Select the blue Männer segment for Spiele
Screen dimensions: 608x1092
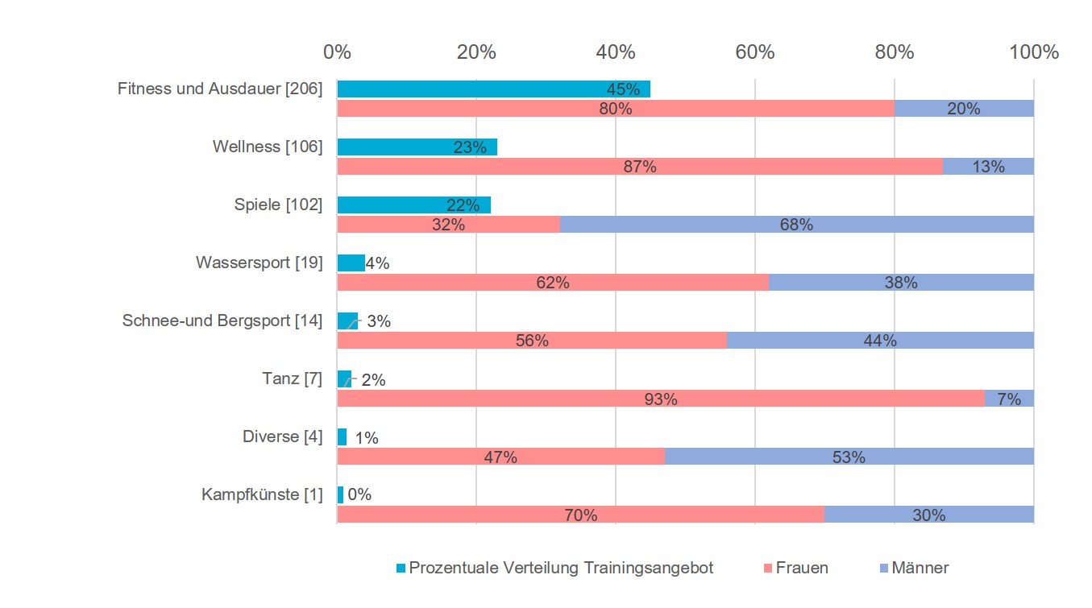(x=796, y=225)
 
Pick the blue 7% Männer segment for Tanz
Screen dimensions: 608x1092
(x=1009, y=399)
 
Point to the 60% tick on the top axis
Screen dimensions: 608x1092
(x=755, y=52)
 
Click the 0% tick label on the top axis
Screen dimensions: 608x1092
(x=337, y=52)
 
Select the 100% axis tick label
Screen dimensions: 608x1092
(x=1033, y=52)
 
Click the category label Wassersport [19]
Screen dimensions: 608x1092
(x=259, y=263)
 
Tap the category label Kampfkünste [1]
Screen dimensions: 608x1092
(x=262, y=494)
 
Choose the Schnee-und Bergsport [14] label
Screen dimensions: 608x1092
(x=222, y=321)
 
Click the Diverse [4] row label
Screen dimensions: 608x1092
(x=282, y=436)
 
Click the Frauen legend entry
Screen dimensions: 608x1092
(x=801, y=568)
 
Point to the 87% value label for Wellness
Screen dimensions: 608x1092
(x=641, y=168)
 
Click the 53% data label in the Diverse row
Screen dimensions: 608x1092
(x=848, y=457)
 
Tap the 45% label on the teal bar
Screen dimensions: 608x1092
(x=622, y=89)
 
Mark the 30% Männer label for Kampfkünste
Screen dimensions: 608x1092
(x=928, y=515)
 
